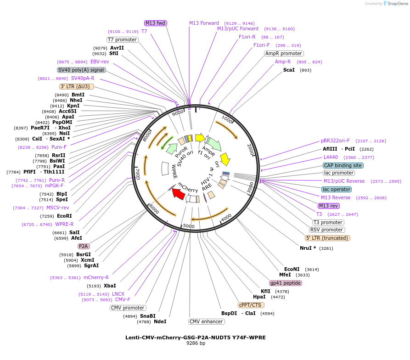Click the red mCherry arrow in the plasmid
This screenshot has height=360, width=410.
tap(179, 194)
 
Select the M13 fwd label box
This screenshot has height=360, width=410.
tap(155, 23)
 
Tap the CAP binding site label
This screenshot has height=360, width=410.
tap(343, 165)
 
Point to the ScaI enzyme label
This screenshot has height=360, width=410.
tap(289, 70)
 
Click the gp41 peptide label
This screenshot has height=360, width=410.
tap(286, 283)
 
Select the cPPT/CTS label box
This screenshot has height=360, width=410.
tap(250, 305)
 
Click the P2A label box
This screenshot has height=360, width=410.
tap(84, 246)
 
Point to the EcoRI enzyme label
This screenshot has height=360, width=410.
tap(64, 216)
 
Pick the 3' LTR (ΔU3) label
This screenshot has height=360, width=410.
tap(77, 86)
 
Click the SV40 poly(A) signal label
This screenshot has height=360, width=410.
tap(81, 70)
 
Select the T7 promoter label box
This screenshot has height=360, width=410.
tap(123, 39)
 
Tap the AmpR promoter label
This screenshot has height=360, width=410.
tap(284, 53)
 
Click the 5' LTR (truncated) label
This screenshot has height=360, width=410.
tap(327, 238)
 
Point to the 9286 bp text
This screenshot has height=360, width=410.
tap(196, 343)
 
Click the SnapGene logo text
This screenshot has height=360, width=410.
tap(395, 4)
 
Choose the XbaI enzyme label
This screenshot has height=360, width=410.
tap(110, 286)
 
